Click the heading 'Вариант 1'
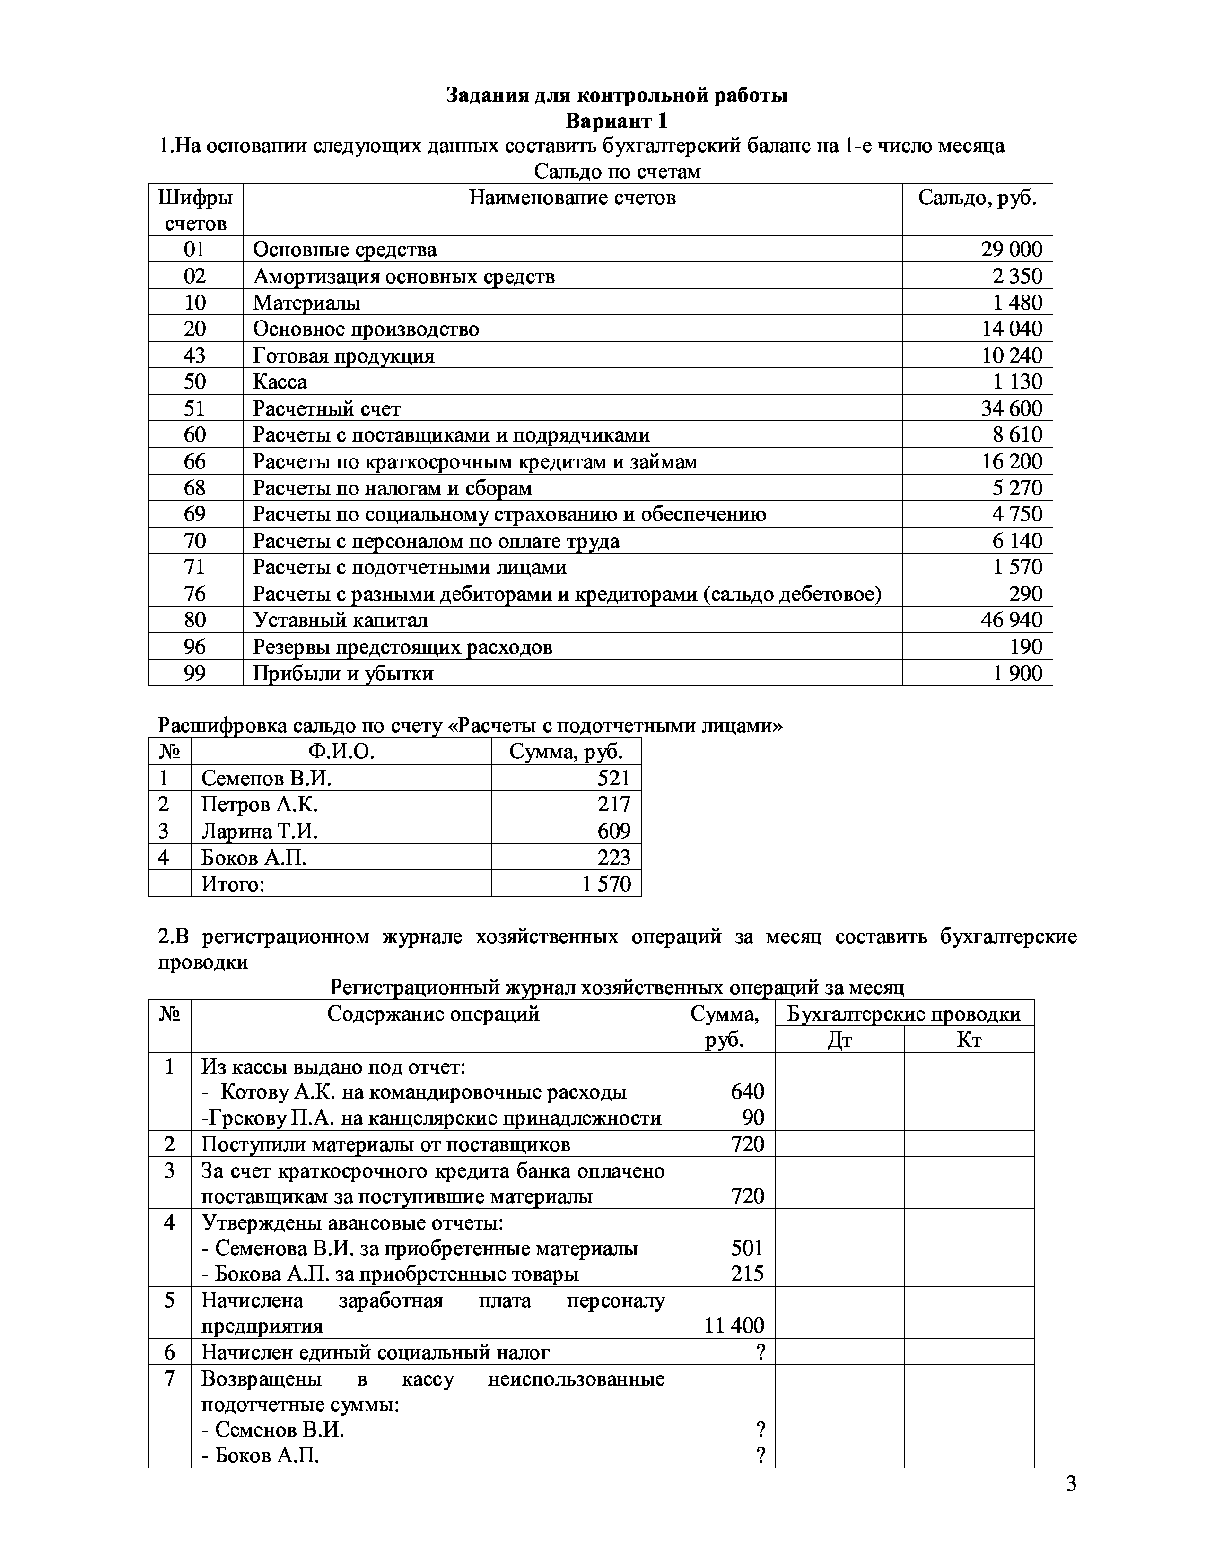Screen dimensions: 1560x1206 point(617,121)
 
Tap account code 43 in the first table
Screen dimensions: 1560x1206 point(194,355)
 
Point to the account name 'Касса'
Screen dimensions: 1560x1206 point(280,382)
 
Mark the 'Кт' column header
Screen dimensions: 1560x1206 point(969,1040)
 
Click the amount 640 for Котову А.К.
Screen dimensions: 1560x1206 point(747,1092)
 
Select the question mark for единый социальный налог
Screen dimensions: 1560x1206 point(760,1352)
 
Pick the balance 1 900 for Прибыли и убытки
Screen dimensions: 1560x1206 point(1017,673)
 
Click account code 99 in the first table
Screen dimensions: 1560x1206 point(194,673)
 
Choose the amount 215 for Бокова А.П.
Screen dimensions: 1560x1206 point(747,1274)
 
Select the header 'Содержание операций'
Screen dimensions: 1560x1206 point(433,1014)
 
